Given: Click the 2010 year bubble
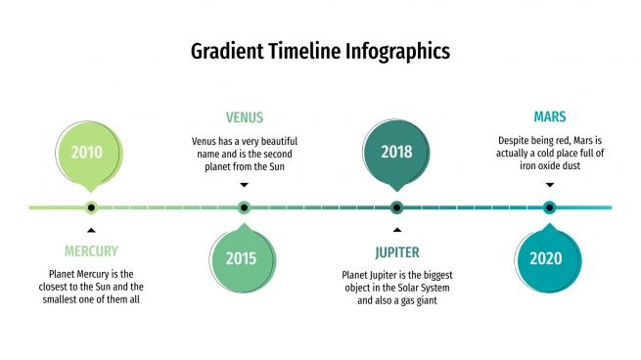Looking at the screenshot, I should [87, 153].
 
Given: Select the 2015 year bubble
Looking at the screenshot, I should [241, 259].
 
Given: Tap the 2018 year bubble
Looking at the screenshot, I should [396, 153].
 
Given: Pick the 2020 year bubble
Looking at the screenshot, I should [546, 259].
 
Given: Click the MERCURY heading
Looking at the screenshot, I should [91, 251].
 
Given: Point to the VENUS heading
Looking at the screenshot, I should [244, 117].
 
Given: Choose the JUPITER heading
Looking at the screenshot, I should [396, 251].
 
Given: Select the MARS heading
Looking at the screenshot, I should [549, 116].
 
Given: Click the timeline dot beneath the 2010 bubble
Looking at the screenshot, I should [91, 207].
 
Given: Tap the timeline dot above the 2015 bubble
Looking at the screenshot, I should [244, 207].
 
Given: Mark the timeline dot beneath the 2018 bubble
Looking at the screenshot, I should [396, 207].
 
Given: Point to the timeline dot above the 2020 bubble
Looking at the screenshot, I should [549, 207].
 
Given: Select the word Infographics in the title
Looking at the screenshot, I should [400, 51].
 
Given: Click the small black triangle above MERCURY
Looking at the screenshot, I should [91, 231].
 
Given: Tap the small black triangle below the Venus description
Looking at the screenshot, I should [244, 185].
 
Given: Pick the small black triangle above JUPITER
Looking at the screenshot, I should [396, 231].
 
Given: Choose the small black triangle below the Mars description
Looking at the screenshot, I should [549, 185].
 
